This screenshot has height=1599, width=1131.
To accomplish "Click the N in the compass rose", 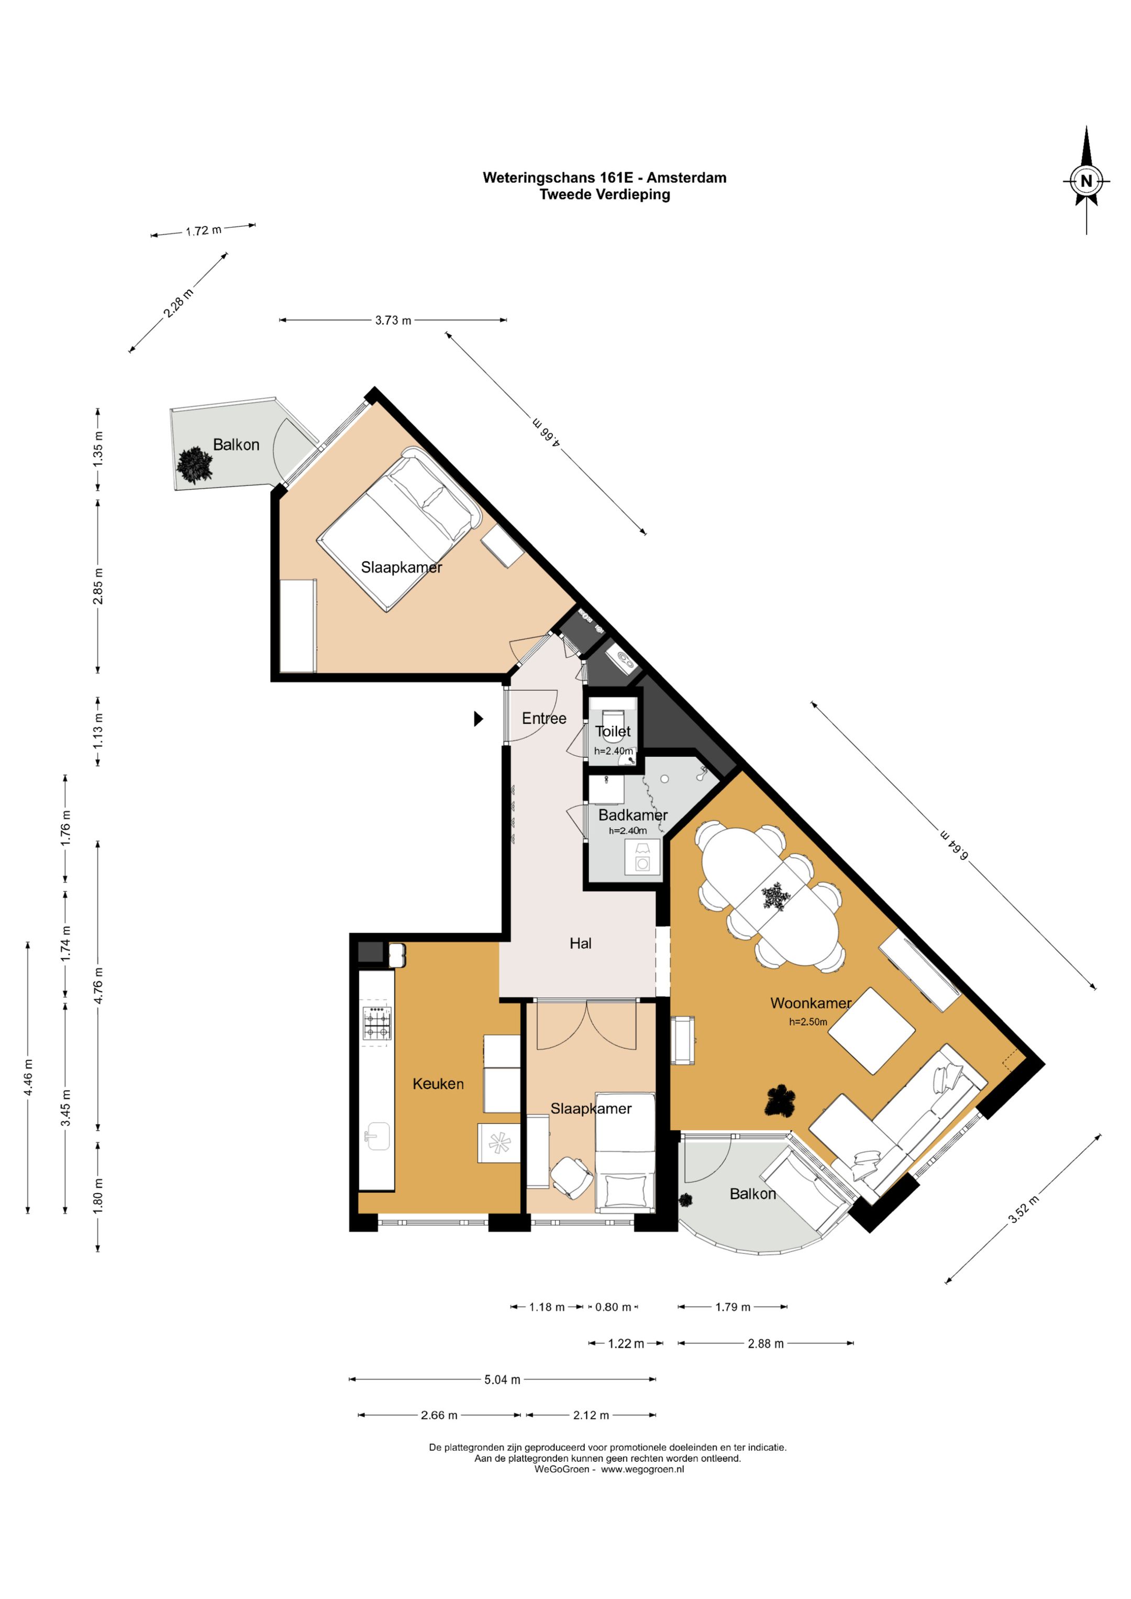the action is pos(1086,182).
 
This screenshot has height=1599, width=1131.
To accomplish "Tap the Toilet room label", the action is pos(613,731).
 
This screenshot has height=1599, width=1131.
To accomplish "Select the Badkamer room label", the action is pos(633,815).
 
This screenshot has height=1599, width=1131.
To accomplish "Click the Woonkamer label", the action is pos(811,1003).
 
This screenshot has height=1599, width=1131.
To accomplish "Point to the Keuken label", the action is pos(438,1084).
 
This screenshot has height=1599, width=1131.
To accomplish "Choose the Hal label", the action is pos(580,943).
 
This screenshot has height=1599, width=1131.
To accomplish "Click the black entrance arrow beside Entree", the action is pos(479,718).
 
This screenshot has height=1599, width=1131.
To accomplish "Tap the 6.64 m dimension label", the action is pos(954,845).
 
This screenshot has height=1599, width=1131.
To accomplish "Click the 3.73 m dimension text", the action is pos(393,321).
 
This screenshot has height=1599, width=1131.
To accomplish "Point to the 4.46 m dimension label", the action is pos(28,1077).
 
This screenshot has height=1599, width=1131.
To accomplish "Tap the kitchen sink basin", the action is pos(377,1137).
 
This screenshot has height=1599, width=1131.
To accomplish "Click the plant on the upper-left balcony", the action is pos(194,465).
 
